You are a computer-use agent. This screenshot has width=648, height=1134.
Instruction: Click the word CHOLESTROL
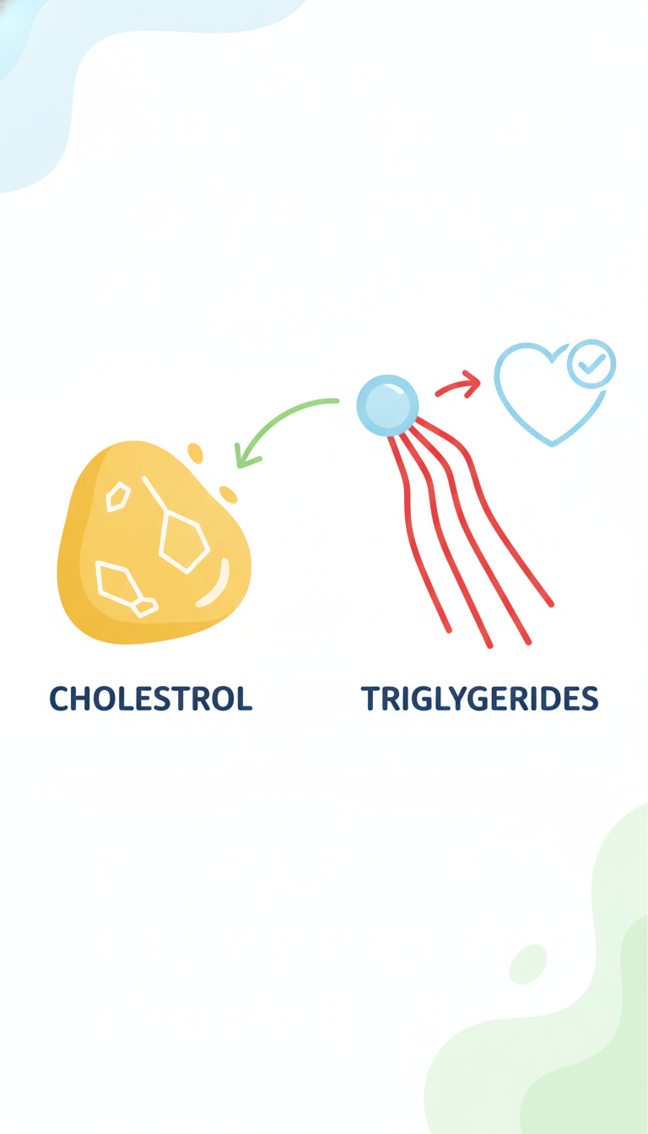point(151,699)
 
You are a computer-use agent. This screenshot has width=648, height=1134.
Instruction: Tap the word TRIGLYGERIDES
point(480,699)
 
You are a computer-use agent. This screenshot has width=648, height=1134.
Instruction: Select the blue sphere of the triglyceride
point(388,406)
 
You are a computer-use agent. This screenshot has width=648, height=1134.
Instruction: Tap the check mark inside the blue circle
point(591,364)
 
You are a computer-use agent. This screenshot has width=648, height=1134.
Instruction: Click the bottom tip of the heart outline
point(553,445)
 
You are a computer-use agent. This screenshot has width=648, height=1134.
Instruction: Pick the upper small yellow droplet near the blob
point(196,453)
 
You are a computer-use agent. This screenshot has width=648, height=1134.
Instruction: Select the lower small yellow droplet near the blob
point(228,494)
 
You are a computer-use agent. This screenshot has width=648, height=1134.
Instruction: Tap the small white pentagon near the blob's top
point(118,497)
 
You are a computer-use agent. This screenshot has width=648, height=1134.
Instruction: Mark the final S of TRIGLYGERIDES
point(589,699)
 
